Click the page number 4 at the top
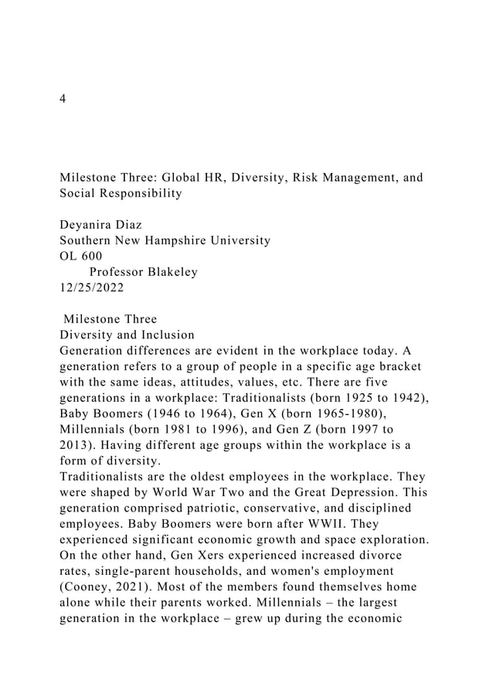63,100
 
